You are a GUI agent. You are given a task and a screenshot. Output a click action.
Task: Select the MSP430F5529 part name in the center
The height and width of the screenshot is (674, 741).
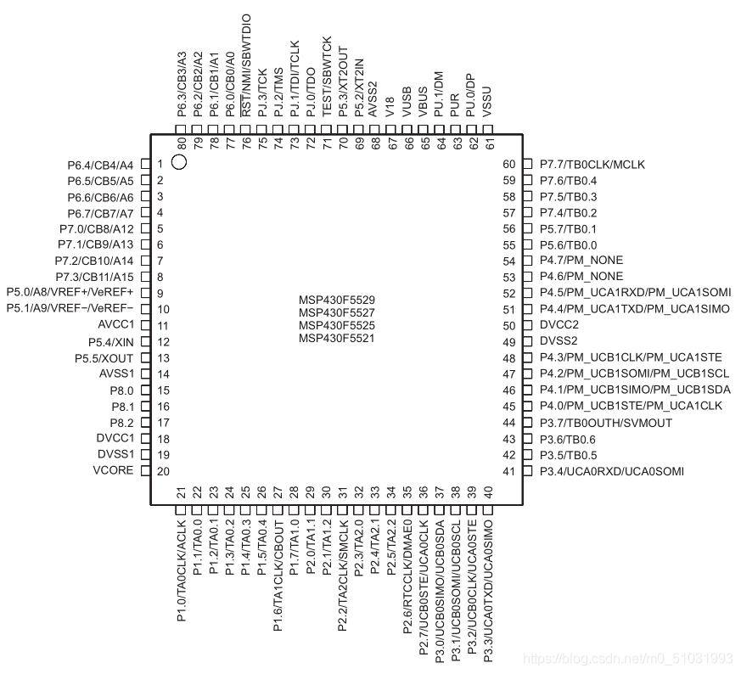[336, 300]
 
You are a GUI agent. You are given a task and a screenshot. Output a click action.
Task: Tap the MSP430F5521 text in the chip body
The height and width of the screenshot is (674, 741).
[336, 339]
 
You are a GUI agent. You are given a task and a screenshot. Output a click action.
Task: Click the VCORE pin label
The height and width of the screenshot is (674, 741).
[114, 470]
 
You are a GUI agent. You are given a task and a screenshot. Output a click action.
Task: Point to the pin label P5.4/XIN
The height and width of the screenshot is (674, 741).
[111, 342]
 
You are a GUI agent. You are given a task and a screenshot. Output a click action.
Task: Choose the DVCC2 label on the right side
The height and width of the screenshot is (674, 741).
[559, 325]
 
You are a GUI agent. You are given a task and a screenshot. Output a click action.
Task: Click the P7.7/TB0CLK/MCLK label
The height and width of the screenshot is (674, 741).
[592, 165]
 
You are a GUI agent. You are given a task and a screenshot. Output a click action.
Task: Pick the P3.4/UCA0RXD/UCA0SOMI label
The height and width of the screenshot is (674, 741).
[611, 471]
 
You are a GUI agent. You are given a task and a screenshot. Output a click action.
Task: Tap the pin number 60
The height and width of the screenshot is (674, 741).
[509, 164]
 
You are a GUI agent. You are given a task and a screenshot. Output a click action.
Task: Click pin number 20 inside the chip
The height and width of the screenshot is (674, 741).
[163, 471]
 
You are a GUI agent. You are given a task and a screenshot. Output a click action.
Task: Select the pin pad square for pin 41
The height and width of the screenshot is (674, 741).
[527, 471]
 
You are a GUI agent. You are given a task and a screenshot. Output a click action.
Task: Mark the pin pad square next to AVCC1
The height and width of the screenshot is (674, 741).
[146, 325]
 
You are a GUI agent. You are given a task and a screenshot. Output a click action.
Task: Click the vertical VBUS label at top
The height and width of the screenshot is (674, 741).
[423, 102]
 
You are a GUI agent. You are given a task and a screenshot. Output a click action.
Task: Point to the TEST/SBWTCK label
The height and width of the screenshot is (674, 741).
[327, 76]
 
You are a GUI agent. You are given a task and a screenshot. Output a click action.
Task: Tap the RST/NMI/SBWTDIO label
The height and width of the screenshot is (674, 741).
[246, 65]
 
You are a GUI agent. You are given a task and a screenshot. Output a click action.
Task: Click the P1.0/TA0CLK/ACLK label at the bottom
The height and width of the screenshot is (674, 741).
[182, 570]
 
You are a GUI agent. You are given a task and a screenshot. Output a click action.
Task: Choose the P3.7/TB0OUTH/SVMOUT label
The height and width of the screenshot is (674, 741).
[606, 423]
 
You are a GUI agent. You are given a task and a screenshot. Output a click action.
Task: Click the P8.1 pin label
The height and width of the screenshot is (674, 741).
[123, 407]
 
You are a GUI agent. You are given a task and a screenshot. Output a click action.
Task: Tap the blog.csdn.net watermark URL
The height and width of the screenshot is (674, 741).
[628, 659]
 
